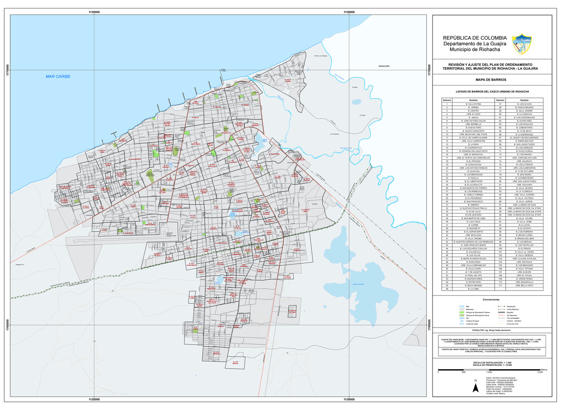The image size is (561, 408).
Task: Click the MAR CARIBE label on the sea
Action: (58, 76)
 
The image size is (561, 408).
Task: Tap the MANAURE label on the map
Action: (384, 66)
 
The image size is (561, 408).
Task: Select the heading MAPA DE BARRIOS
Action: (489, 80)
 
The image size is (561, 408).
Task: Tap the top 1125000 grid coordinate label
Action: (94, 12)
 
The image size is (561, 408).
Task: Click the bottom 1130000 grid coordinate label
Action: (349, 400)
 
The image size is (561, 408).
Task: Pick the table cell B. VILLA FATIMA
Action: (474, 104)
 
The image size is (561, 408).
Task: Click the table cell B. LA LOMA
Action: (474, 289)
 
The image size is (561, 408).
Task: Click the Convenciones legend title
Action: (489, 300)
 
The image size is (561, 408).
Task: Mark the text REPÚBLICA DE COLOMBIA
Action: (474, 38)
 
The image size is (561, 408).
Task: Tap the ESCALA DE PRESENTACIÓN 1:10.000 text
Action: (489, 365)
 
